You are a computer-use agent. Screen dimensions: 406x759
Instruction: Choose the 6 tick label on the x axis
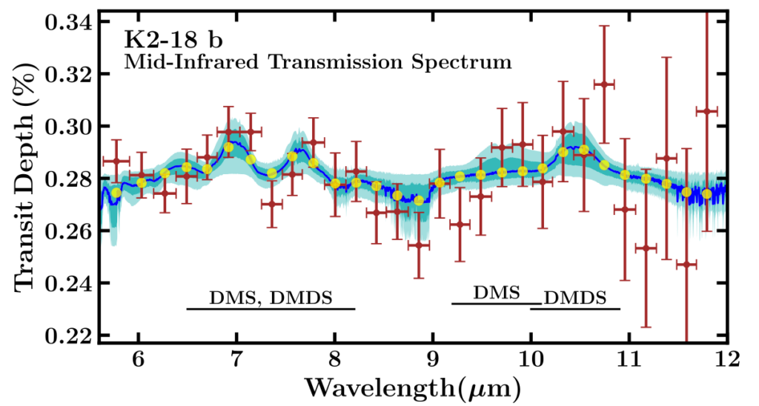(x=139, y=360)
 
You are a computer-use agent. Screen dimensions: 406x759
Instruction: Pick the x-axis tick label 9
(x=433, y=360)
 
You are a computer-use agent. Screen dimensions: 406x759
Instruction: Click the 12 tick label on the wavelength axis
(x=726, y=360)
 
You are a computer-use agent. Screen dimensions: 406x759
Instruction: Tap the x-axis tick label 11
(x=629, y=360)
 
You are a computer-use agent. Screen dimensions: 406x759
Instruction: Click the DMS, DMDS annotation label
(x=271, y=297)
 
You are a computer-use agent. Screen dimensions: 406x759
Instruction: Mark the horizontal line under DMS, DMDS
(x=271, y=308)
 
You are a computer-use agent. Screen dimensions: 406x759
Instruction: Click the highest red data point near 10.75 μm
(x=604, y=84)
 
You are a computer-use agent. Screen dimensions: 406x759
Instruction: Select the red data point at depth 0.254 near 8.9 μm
(x=419, y=245)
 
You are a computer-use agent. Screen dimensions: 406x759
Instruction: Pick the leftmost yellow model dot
(x=116, y=193)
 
